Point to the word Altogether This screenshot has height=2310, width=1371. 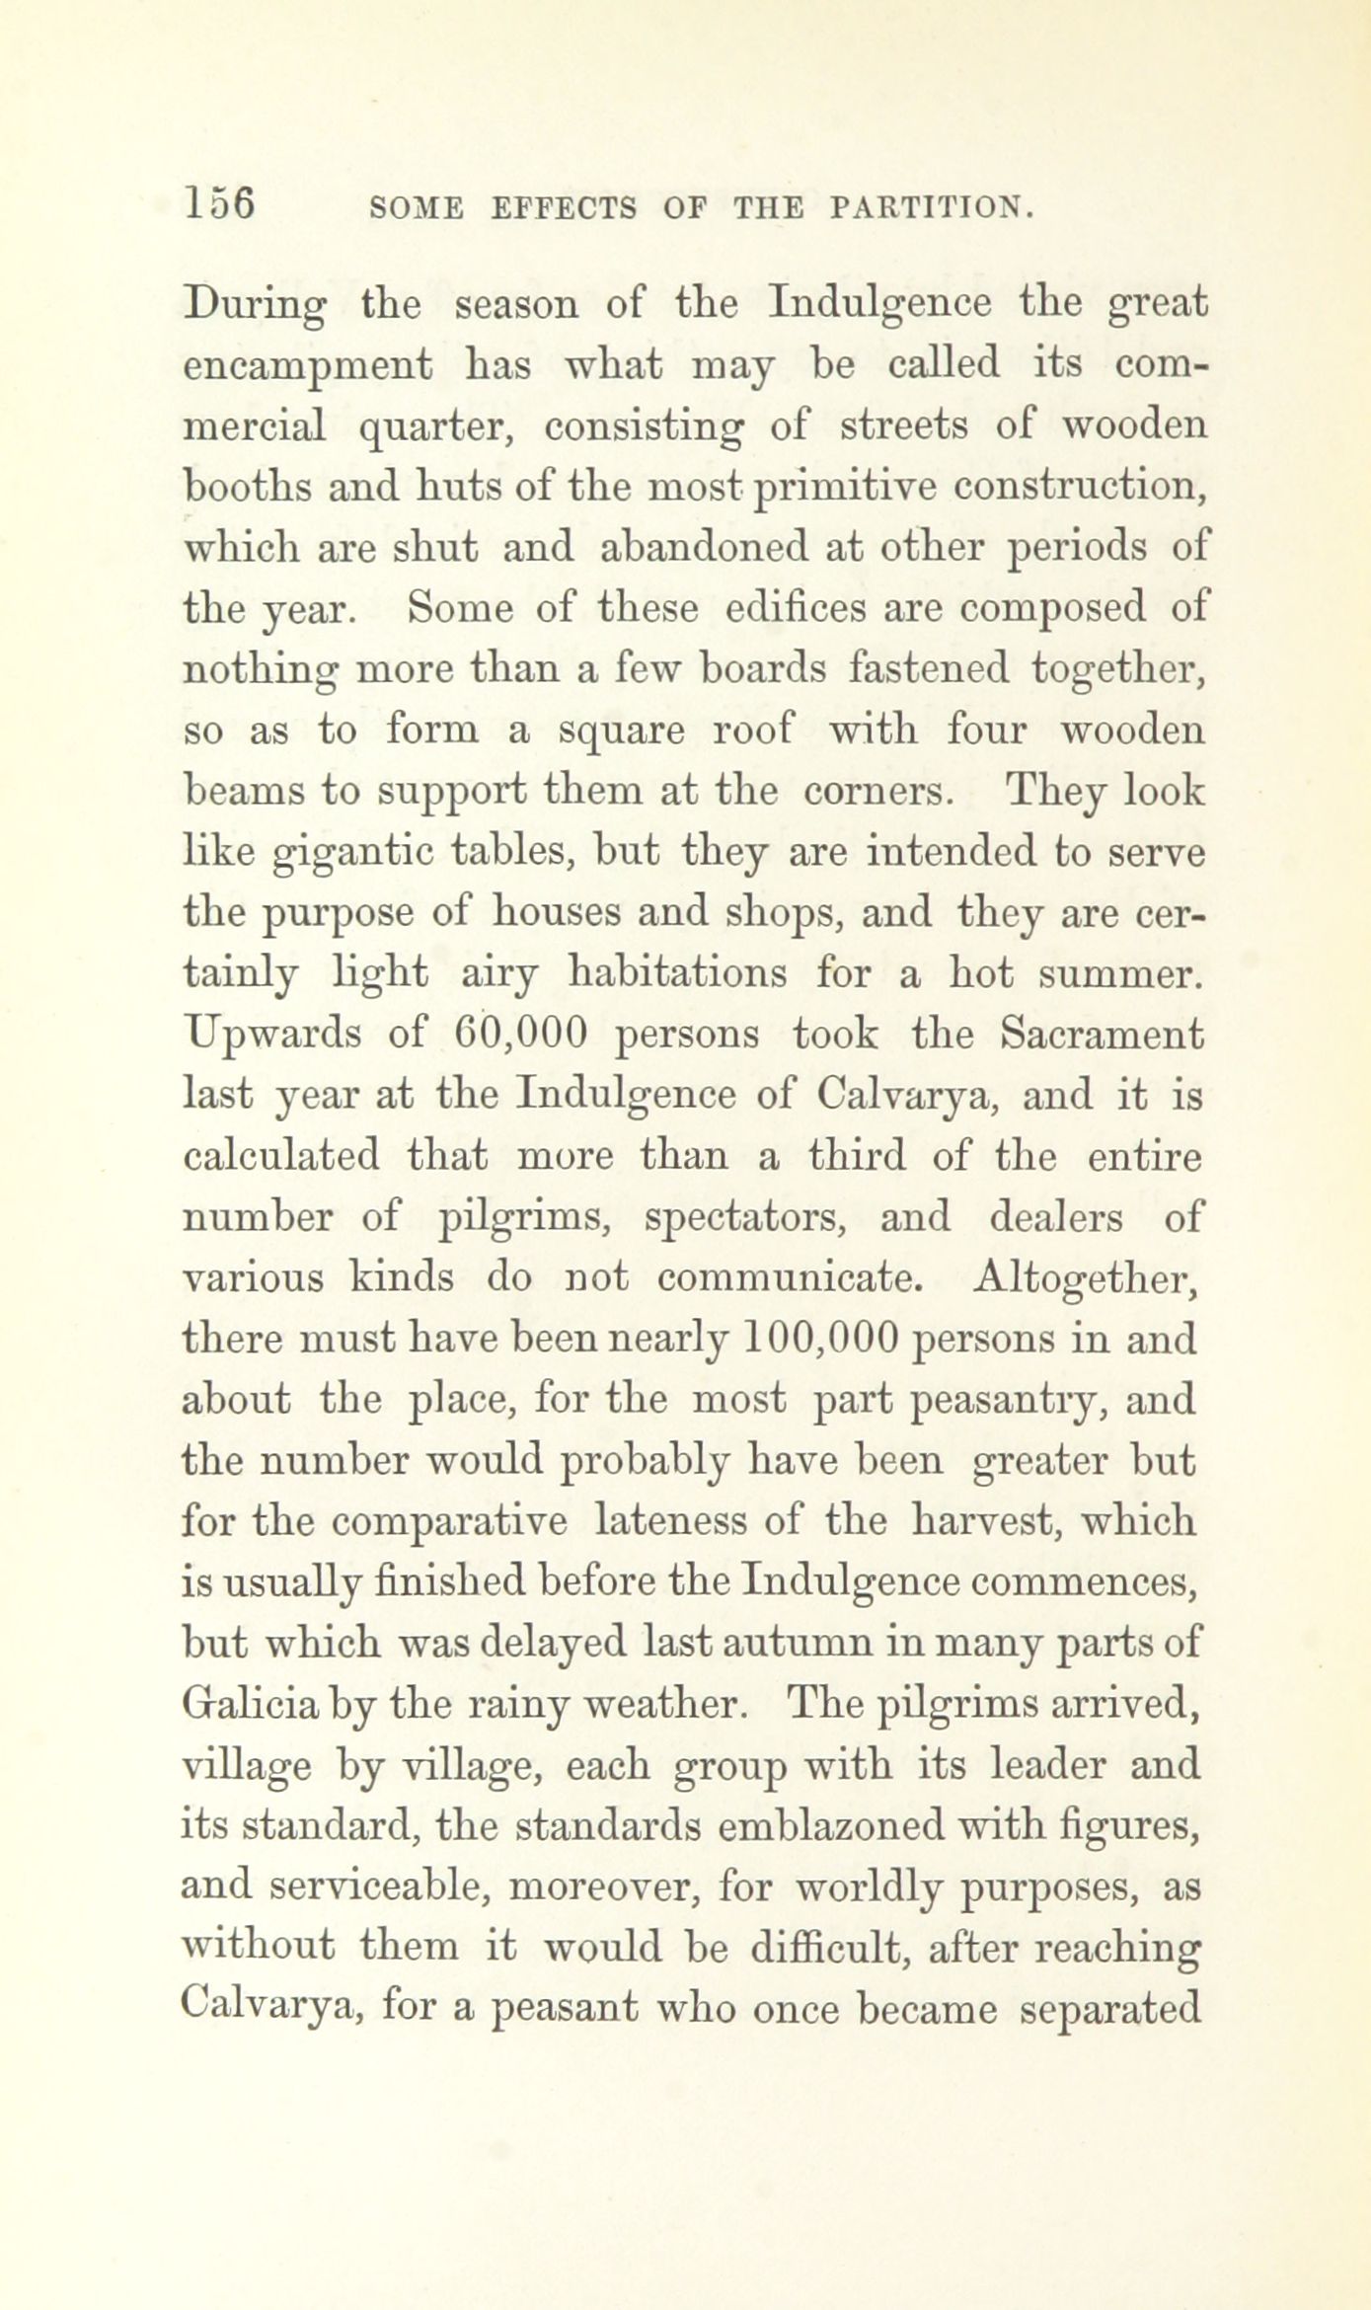[1085, 1279]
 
